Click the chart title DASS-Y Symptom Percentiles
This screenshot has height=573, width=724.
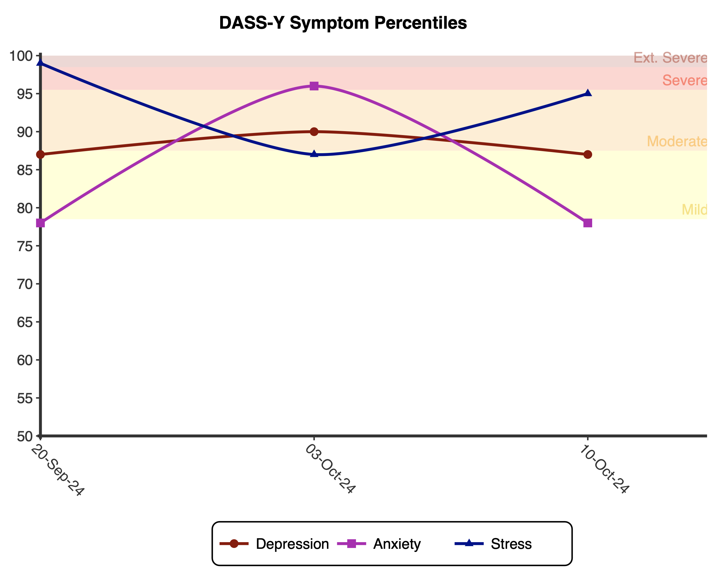(343, 23)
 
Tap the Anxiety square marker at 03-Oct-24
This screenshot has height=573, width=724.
(314, 86)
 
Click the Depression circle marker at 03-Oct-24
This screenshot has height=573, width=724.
(314, 131)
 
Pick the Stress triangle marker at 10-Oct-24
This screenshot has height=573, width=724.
(587, 93)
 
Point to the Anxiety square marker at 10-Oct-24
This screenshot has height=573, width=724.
(587, 223)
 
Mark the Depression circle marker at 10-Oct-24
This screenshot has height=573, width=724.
(587, 154)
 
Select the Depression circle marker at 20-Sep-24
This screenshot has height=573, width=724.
(41, 154)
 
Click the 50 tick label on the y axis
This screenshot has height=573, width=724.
(25, 436)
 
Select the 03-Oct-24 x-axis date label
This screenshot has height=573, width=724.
(330, 469)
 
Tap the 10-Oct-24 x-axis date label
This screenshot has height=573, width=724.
(604, 469)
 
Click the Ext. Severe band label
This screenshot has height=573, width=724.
(670, 58)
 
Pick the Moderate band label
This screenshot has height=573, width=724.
(677, 141)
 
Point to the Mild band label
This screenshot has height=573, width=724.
(694, 210)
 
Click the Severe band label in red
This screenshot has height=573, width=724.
(684, 80)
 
